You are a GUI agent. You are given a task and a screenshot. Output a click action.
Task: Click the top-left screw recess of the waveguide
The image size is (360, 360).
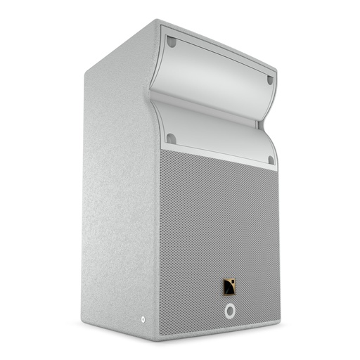(x=171, y=42)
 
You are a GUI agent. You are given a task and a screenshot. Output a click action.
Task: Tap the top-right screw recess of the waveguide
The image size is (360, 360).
(x=270, y=79)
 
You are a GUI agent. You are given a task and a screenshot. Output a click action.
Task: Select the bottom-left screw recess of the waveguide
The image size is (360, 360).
(x=171, y=138)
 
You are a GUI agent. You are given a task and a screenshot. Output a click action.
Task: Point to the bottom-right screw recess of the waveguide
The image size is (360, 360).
(x=271, y=160)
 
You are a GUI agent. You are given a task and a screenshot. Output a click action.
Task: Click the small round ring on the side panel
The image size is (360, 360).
(x=144, y=322)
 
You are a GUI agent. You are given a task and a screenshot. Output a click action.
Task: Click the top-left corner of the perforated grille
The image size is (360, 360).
(x=160, y=149)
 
